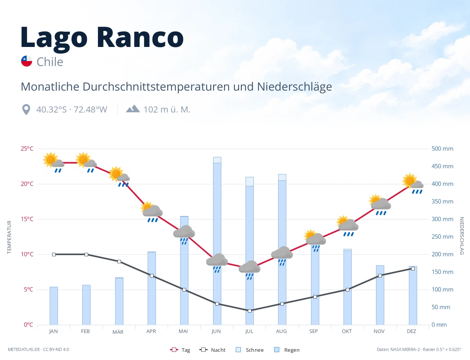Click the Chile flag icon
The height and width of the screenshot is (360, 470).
[x=27, y=61]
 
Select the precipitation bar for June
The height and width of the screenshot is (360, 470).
[x=217, y=241]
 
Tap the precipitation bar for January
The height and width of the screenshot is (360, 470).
[x=54, y=306]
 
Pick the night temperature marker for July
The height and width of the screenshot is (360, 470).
[x=249, y=311]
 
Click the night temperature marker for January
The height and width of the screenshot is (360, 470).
[x=54, y=254]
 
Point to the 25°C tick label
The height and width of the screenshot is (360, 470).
[x=27, y=149]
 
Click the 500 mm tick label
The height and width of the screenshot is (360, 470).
[x=442, y=149]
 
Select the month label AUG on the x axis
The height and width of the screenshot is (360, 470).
[x=281, y=331]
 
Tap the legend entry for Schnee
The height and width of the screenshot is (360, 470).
[x=250, y=349]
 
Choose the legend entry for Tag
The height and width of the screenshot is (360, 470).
[x=180, y=349]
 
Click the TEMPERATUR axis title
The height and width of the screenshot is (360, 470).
[x=9, y=237]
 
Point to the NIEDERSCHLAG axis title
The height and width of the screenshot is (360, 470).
[x=461, y=236]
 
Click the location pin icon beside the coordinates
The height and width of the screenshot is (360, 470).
[x=26, y=109]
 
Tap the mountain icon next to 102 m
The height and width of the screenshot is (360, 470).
[x=133, y=109]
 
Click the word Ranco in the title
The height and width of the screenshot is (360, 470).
[x=140, y=37]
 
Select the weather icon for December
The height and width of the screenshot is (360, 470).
[x=412, y=183]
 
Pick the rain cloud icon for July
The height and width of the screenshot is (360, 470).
[x=249, y=270]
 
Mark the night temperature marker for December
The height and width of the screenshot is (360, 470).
[x=413, y=268]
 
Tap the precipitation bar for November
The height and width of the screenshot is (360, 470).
[x=380, y=295]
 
